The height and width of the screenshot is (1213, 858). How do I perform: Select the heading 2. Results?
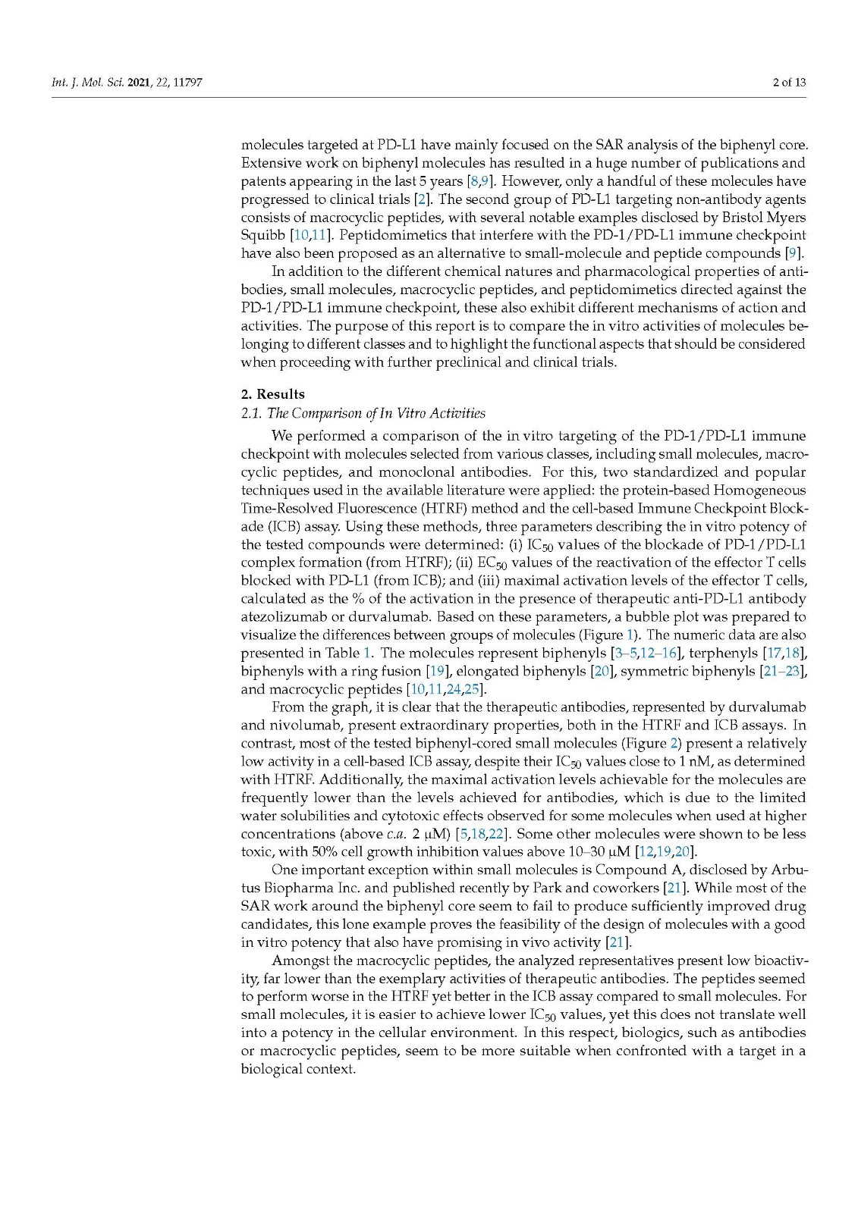pyautogui.click(x=272, y=394)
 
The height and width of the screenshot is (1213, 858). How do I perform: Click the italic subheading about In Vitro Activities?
pyautogui.click(x=363, y=413)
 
